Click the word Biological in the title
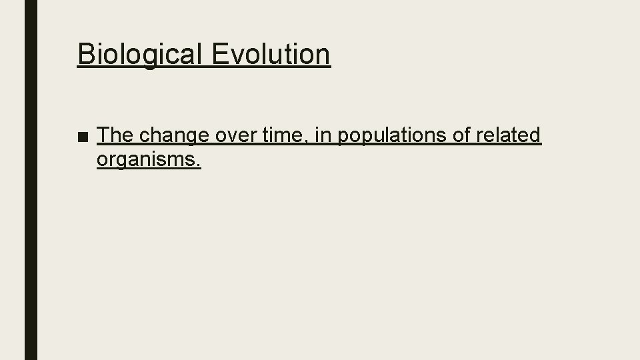click(x=140, y=55)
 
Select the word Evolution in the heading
click(x=271, y=53)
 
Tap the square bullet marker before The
click(x=83, y=137)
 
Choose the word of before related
click(x=461, y=135)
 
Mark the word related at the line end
click(x=509, y=135)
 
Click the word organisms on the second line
click(x=146, y=160)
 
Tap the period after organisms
click(x=198, y=165)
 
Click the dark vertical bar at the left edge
click(x=31, y=180)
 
